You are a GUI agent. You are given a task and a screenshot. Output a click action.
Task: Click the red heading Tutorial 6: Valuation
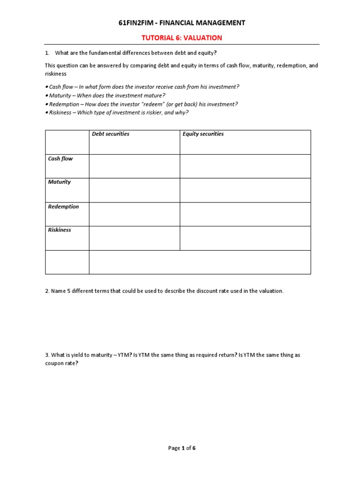(182, 37)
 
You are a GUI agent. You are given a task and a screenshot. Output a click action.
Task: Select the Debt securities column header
(111, 134)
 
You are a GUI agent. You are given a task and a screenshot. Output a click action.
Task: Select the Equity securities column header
(203, 134)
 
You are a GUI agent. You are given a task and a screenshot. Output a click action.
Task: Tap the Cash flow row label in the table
(60, 159)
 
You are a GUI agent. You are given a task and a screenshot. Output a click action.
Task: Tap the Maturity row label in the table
(60, 182)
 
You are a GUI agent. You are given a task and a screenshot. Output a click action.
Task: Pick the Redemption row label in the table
(63, 207)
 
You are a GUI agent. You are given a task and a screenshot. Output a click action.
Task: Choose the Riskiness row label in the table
(60, 230)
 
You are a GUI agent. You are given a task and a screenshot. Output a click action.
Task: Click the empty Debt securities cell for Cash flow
(134, 166)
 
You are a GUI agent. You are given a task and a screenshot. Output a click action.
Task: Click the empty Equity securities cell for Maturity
(245, 190)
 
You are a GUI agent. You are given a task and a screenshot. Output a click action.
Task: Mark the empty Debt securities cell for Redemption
(134, 214)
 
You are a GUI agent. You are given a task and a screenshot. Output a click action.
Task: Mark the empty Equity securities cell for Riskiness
(245, 239)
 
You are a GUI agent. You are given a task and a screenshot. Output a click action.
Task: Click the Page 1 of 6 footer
(182, 448)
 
